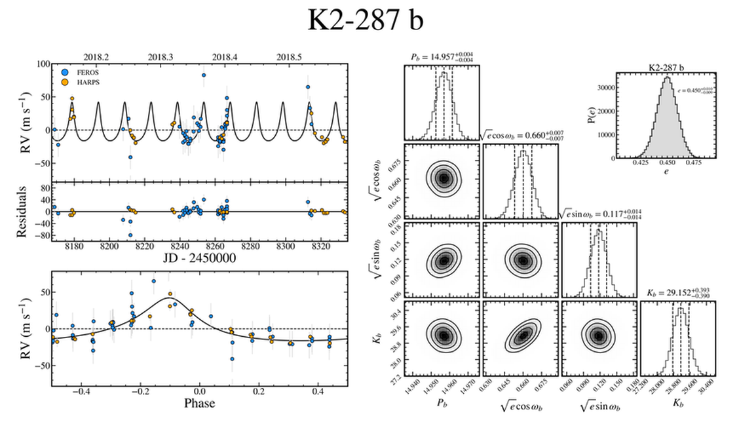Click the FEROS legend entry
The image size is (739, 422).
pos(87,72)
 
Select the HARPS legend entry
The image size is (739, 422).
pos(87,83)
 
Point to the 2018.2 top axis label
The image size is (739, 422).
pos(97,57)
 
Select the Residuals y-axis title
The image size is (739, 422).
pos(26,212)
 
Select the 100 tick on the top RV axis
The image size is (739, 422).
pos(43,64)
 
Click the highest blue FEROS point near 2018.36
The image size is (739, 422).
pos(204,75)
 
